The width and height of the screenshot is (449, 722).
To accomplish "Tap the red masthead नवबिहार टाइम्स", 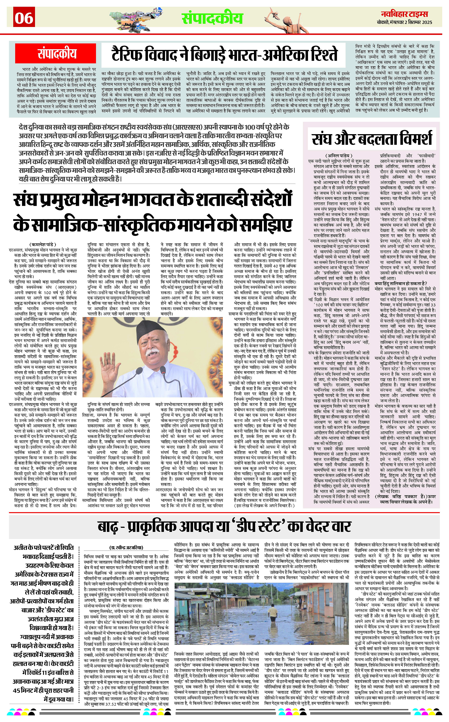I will [x=405, y=14].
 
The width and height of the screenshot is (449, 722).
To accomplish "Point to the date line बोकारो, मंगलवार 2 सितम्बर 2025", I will [x=405, y=22].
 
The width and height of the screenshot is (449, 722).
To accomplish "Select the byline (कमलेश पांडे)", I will [x=43, y=244].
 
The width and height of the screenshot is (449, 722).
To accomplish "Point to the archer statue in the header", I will [x=290, y=19].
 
